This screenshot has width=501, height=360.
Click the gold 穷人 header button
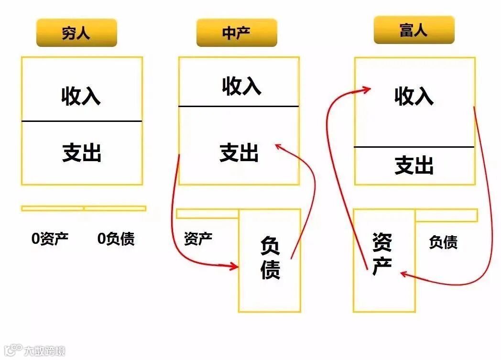click(76, 33)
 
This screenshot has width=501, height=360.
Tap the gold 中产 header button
click(236, 33)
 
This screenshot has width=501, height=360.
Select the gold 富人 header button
click(414, 30)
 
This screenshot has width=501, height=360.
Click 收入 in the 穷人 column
click(81, 96)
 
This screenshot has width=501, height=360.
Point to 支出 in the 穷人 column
click(82, 153)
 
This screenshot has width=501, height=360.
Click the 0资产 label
click(50, 239)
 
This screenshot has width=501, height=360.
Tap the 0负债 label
click(116, 239)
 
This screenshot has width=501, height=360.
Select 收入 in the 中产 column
click(241, 86)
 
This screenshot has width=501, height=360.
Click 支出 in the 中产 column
click(239, 153)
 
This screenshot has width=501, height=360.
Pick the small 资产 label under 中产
click(198, 238)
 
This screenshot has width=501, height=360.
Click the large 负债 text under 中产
click(270, 258)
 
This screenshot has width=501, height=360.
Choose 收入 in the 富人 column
click(414, 96)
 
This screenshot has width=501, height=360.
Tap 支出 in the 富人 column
click(414, 165)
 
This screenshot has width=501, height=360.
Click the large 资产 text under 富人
click(382, 253)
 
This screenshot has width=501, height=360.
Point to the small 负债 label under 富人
click(443, 242)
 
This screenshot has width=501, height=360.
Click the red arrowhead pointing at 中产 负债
click(234, 266)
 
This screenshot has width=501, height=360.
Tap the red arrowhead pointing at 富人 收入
click(367, 89)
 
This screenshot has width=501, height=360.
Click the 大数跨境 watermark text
click(45, 351)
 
